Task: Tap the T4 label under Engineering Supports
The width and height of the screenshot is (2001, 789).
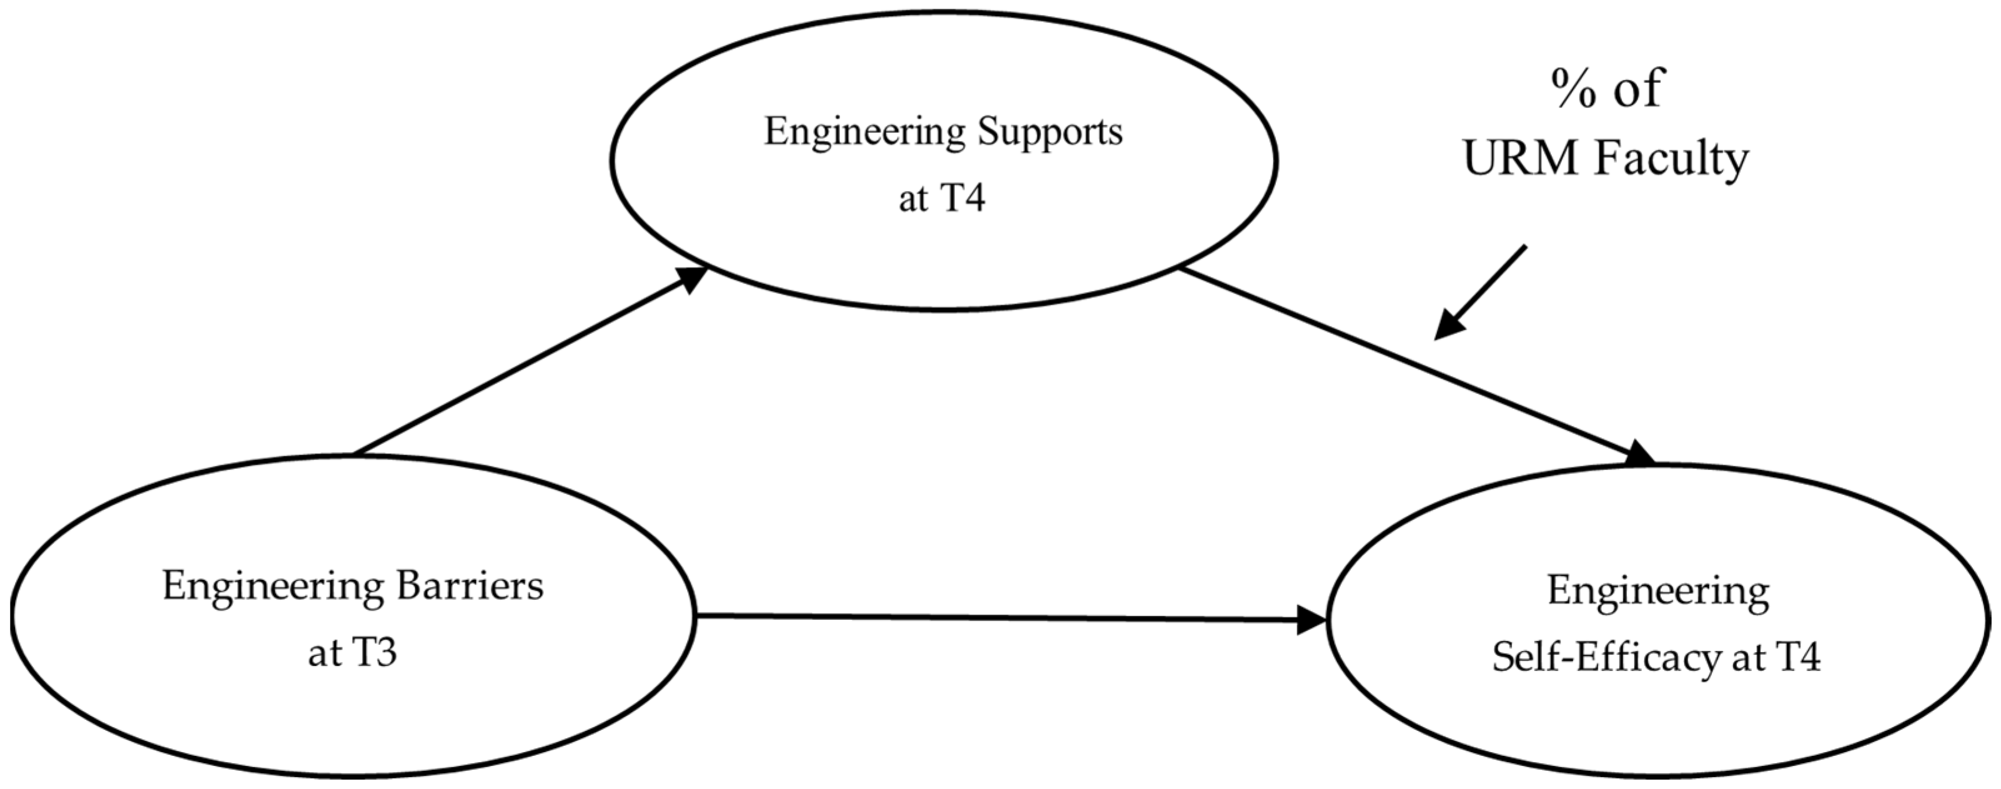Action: [x=963, y=198]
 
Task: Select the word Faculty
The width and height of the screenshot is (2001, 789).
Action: [x=1672, y=160]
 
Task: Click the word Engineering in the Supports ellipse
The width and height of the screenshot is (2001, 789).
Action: [x=864, y=132]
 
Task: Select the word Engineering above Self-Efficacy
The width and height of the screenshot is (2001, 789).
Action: [x=1658, y=592]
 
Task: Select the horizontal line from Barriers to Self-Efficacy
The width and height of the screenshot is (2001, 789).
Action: [x=1002, y=618]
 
